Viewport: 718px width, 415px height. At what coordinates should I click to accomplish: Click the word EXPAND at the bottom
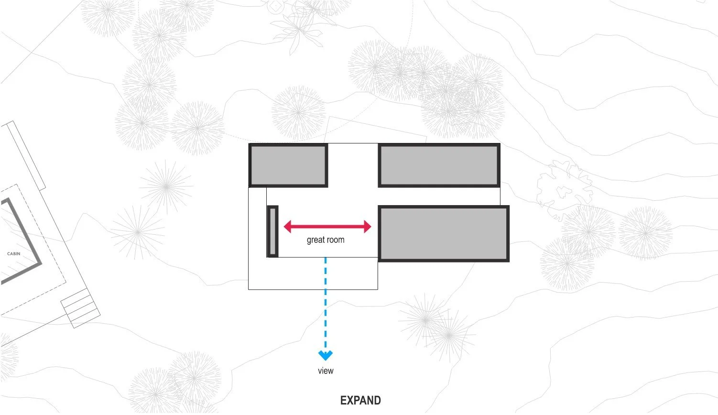coord(360,400)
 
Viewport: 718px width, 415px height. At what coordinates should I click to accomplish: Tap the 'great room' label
coord(326,240)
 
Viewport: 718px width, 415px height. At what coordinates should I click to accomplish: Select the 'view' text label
coord(326,371)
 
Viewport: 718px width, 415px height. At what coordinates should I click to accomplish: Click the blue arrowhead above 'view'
coord(326,355)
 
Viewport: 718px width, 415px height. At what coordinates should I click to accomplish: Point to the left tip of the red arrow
coord(284,227)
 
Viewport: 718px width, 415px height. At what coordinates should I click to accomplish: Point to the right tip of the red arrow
coord(371,227)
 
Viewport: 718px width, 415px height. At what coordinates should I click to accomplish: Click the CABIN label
coord(14,254)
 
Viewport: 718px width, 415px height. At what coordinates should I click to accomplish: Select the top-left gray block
coord(288,165)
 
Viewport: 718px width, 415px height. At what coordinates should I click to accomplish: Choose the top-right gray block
coord(439,165)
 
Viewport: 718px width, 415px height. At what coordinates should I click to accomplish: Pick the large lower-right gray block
coord(444,233)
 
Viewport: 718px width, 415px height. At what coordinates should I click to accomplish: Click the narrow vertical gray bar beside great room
coord(272,231)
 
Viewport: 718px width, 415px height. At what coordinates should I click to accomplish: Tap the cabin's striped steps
coord(80,308)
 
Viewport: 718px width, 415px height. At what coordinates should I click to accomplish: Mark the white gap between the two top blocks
coord(353,165)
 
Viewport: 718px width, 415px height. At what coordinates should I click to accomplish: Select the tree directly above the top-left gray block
coord(298,112)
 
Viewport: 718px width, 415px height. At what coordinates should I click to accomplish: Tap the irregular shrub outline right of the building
coord(564,189)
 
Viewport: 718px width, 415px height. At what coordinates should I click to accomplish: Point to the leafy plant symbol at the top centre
coord(298,27)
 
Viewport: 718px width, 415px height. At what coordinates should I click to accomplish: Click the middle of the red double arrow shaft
coord(327,227)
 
